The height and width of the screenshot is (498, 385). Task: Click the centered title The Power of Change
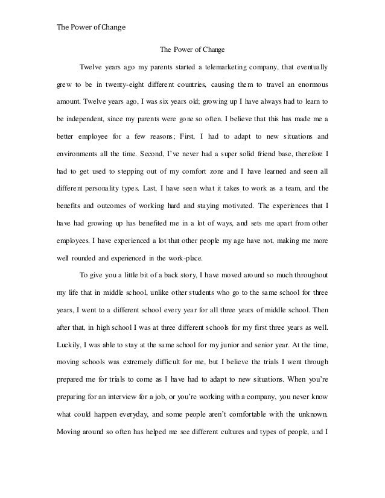[x=192, y=50]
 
